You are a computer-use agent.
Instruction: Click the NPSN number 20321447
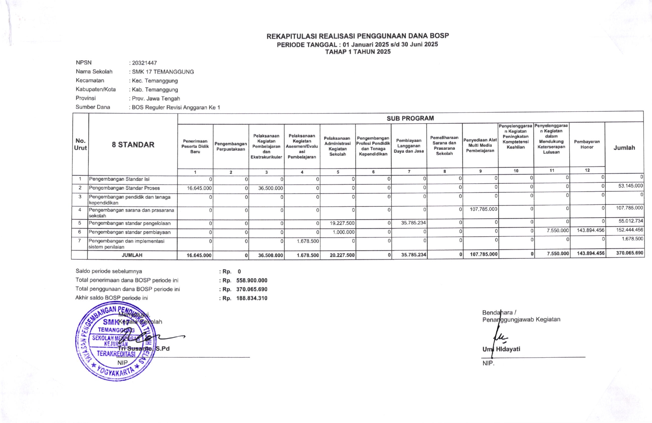[x=144, y=63]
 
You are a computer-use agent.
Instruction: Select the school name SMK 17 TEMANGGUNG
[x=163, y=72]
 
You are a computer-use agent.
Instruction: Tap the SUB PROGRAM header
[x=410, y=118]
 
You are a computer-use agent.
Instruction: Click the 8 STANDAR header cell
[x=133, y=145]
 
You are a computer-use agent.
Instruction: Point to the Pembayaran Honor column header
[x=587, y=144]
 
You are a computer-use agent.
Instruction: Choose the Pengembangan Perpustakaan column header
[x=231, y=146]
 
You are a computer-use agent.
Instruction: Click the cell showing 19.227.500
[x=342, y=223]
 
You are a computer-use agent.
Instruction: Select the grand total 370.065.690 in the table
[x=630, y=253]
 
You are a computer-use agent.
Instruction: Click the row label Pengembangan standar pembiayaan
[x=130, y=232]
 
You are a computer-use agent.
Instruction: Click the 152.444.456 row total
[x=630, y=230]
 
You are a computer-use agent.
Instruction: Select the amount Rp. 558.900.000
[x=251, y=280]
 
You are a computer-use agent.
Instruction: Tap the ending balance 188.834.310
[x=251, y=298]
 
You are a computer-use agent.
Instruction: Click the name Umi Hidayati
[x=501, y=349]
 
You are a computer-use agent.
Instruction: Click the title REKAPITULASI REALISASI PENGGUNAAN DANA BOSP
[x=357, y=36]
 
